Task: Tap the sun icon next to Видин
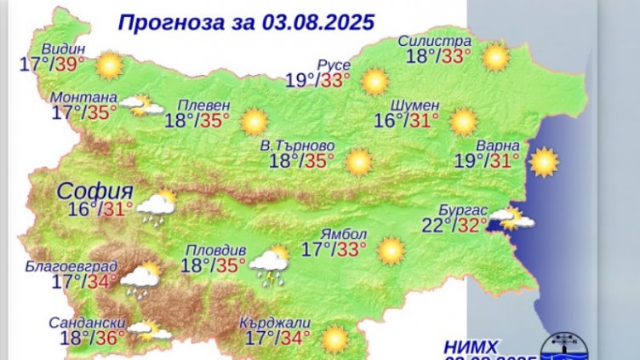109,65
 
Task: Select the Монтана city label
83,96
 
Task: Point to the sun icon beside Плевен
254,122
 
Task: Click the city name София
96,190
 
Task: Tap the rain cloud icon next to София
156,207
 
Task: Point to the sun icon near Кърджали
334,339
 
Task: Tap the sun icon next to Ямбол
391,250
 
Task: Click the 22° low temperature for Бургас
434,226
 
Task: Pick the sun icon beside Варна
543,161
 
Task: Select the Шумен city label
414,105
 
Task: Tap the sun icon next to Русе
374,82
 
